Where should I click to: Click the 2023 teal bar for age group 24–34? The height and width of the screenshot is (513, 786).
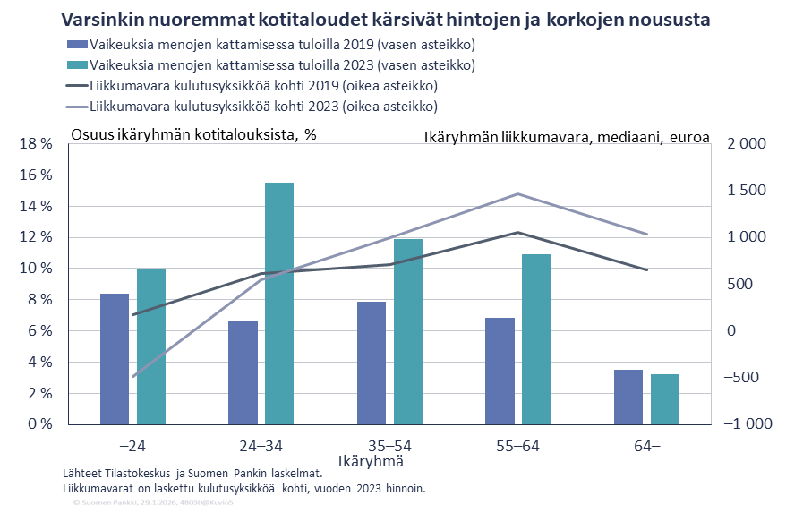point(279,304)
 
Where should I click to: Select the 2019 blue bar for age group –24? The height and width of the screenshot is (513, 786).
point(115,359)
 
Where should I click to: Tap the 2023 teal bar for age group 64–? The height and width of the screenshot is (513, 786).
point(665,399)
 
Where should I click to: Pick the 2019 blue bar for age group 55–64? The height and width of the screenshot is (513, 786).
point(500,371)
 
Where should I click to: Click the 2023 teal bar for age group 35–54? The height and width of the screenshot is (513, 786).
point(408,331)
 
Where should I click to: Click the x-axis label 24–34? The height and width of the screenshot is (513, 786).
point(261,445)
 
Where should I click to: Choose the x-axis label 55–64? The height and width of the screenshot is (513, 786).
point(517,445)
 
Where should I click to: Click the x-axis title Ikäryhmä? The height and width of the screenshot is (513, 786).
point(371,462)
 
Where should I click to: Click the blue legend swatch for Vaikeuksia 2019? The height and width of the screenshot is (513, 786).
point(76,44)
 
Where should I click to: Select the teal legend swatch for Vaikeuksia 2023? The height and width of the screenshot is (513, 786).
point(76,64)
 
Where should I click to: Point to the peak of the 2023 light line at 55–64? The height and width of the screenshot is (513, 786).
point(517,193)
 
